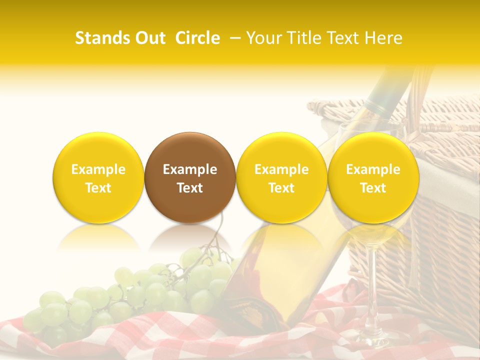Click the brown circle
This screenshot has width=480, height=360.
point(190,177)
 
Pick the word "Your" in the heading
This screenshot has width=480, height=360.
point(263,38)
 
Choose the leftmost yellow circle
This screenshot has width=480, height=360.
point(98,177)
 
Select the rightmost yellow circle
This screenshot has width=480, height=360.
point(373,177)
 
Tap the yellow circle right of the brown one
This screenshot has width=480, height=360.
point(281,177)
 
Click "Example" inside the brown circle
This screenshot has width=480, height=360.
point(190,169)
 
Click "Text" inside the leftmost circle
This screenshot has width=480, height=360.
point(98,188)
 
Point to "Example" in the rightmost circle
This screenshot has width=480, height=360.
point(373,169)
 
